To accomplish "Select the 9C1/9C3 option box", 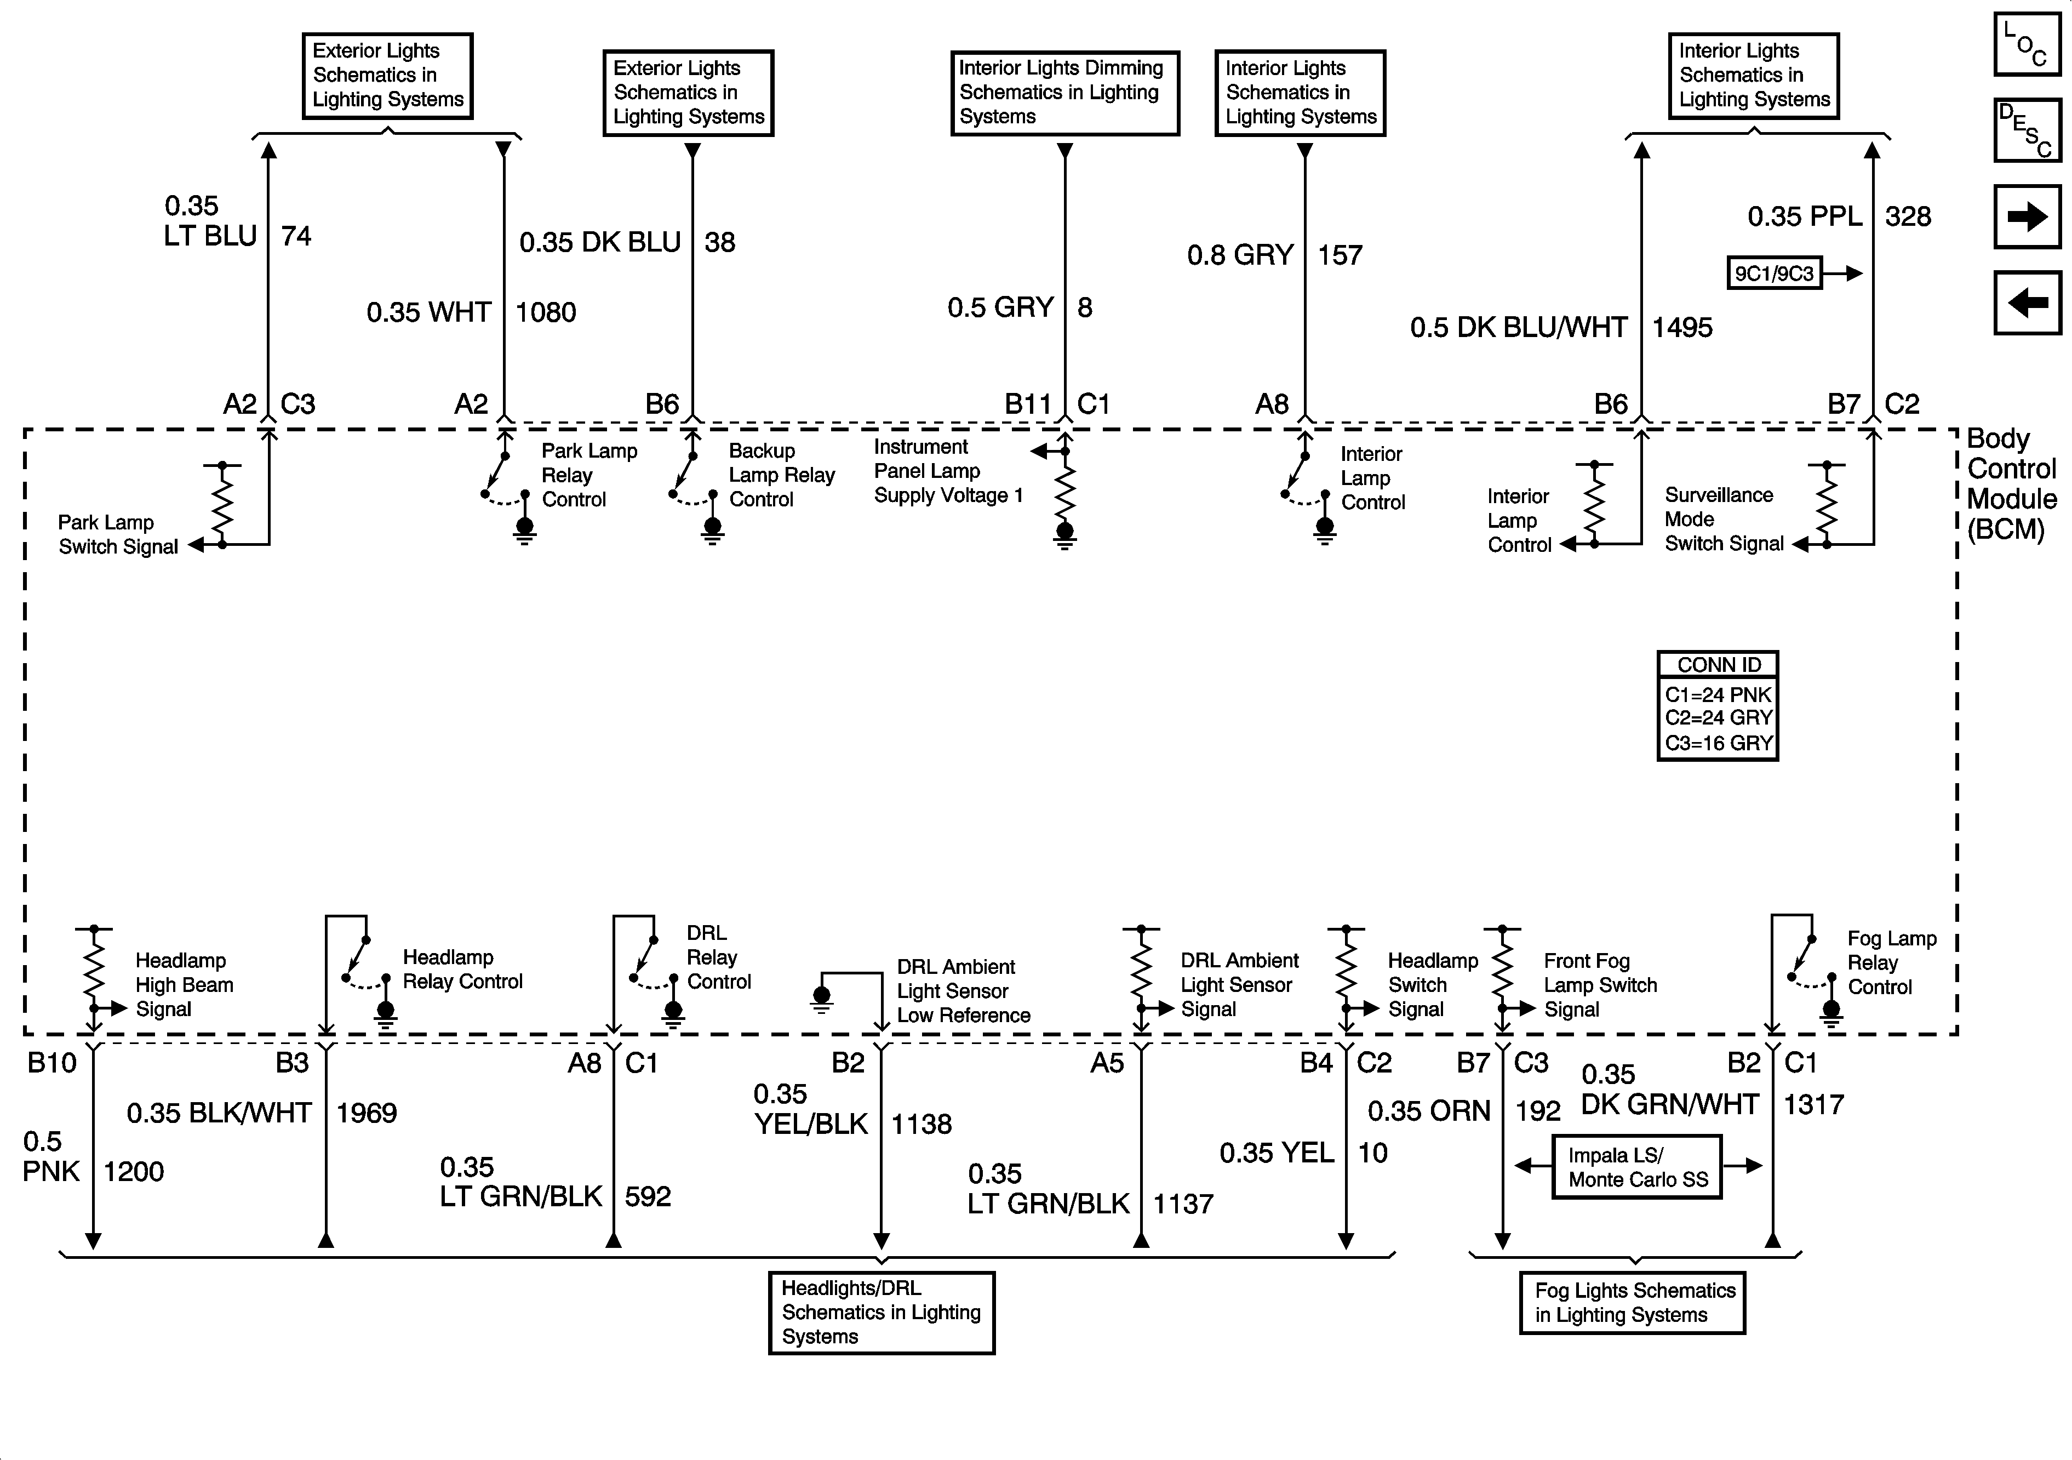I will (x=1774, y=273).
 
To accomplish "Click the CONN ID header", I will (x=1718, y=665).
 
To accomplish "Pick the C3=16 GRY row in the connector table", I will (x=1718, y=743).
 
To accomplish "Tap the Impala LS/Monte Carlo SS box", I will (x=1637, y=1167).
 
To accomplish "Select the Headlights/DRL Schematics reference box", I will (x=881, y=1312).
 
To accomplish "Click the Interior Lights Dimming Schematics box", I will (x=1064, y=92).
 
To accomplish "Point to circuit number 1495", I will (x=1682, y=328).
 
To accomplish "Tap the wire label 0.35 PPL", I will (x=1805, y=216).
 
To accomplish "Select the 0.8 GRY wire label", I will (x=1240, y=255).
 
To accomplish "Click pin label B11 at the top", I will (x=1028, y=404).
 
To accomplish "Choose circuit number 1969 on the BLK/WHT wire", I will (x=367, y=1113).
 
